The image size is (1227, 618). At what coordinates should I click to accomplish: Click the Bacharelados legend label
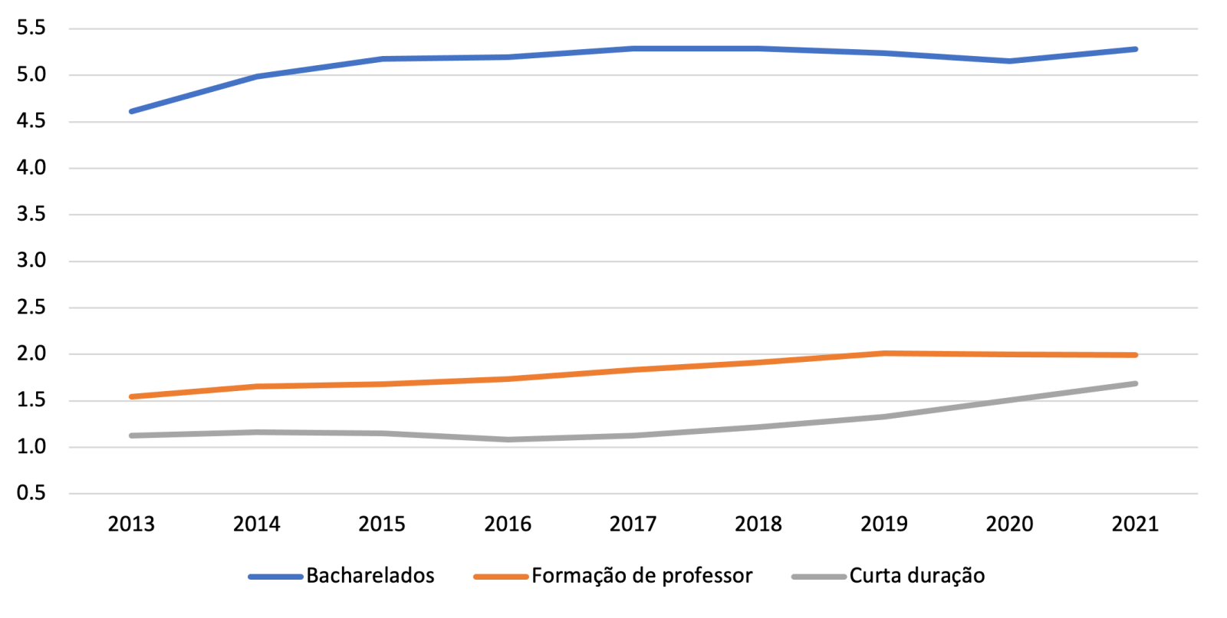click(x=370, y=576)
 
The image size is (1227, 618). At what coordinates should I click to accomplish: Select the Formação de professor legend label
click(x=642, y=576)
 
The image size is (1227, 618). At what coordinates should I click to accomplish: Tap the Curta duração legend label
click(x=916, y=576)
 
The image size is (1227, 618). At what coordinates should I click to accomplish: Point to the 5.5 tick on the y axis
click(x=31, y=28)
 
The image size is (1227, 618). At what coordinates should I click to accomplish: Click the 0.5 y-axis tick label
click(x=31, y=493)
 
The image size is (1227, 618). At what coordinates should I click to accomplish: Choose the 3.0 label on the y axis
click(x=31, y=261)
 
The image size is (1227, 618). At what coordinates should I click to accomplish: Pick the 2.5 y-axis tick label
click(x=31, y=307)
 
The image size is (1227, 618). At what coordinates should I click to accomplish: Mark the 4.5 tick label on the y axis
click(x=31, y=121)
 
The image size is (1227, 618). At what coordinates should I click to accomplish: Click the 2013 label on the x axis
click(x=131, y=524)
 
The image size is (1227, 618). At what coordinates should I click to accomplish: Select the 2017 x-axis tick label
click(x=633, y=524)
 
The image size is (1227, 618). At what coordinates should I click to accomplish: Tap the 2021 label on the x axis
click(x=1135, y=524)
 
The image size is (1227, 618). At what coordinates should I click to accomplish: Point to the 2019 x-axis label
click(x=883, y=524)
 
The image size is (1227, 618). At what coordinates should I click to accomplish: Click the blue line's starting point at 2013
click(x=132, y=111)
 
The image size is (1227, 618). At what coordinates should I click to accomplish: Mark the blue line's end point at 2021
click(x=1135, y=49)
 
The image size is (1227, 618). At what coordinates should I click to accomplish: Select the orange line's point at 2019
click(x=884, y=353)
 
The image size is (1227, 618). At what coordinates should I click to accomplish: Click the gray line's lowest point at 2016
click(x=508, y=439)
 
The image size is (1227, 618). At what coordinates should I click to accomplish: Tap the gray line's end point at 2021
click(x=1135, y=383)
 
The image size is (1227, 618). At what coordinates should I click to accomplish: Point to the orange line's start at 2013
click(x=132, y=396)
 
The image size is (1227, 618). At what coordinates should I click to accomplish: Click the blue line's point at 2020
click(x=1009, y=61)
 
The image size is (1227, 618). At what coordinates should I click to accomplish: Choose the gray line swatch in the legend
click(x=818, y=577)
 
